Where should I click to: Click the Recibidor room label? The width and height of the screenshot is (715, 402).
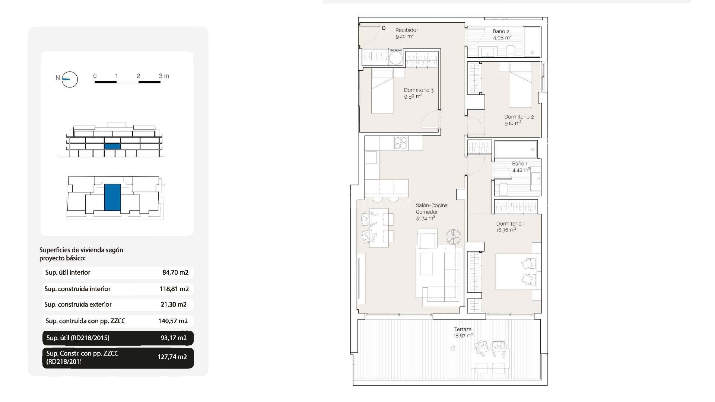(x=407, y=30)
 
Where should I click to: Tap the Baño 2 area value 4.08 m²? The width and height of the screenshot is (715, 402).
(x=502, y=38)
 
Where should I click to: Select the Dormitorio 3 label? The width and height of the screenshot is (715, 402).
(x=419, y=90)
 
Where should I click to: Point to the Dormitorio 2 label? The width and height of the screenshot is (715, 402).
(x=519, y=117)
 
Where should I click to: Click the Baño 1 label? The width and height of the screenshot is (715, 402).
(x=519, y=164)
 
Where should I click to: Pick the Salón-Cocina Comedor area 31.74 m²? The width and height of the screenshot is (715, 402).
(x=425, y=218)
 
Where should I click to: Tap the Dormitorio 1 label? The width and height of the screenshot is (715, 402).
(x=510, y=224)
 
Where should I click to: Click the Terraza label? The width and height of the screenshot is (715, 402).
(x=463, y=329)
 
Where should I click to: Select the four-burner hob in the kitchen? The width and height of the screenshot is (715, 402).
(x=401, y=143)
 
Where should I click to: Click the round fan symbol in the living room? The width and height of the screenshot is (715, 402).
(x=453, y=236)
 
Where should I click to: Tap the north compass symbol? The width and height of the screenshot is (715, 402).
(x=69, y=79)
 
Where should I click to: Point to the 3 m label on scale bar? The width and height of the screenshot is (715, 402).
(x=164, y=76)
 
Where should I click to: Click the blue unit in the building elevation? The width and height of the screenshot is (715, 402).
(x=112, y=146)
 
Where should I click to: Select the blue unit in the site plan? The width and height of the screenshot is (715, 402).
(x=112, y=197)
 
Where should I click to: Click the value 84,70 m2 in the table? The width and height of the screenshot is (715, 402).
(x=175, y=272)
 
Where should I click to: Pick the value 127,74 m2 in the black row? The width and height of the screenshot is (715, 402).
(x=172, y=357)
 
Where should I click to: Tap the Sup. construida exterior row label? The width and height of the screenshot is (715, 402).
(x=78, y=304)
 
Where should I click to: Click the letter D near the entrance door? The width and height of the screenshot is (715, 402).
(x=384, y=28)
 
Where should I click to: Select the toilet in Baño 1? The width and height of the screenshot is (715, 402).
(x=503, y=189)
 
